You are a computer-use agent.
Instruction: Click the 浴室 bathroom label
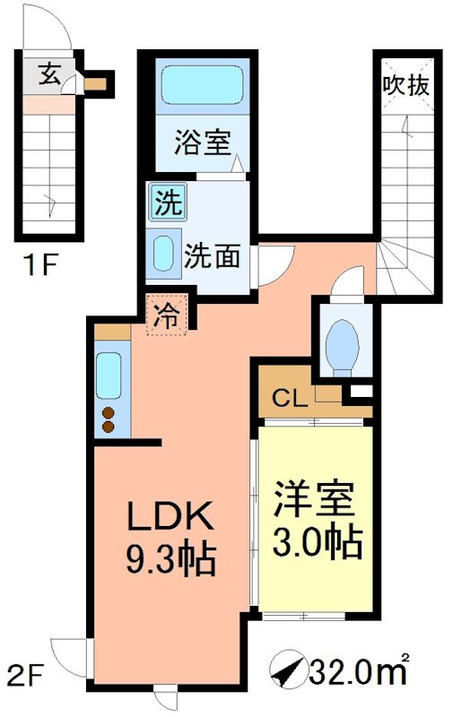click(202, 142)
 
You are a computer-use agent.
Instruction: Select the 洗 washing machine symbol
click(166, 202)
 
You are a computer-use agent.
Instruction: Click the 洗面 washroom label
click(212, 256)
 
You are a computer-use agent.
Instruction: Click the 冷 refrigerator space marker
click(166, 315)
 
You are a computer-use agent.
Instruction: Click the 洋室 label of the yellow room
click(313, 498)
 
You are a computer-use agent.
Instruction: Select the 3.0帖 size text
click(313, 542)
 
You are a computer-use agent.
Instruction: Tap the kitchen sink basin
click(109, 376)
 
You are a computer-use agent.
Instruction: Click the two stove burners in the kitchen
click(109, 419)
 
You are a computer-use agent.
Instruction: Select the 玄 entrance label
click(50, 75)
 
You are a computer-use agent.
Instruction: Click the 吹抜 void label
click(407, 87)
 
